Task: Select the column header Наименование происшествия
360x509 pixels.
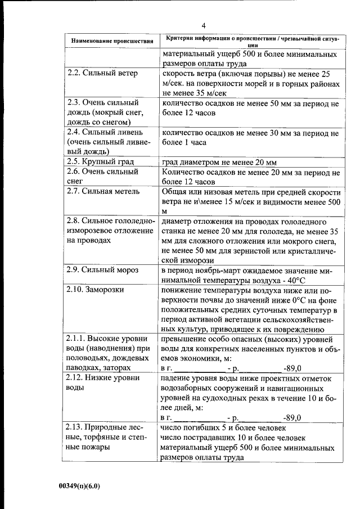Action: [111, 41]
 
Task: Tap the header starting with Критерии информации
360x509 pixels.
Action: [250, 41]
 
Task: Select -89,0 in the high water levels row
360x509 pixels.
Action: [292, 368]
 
